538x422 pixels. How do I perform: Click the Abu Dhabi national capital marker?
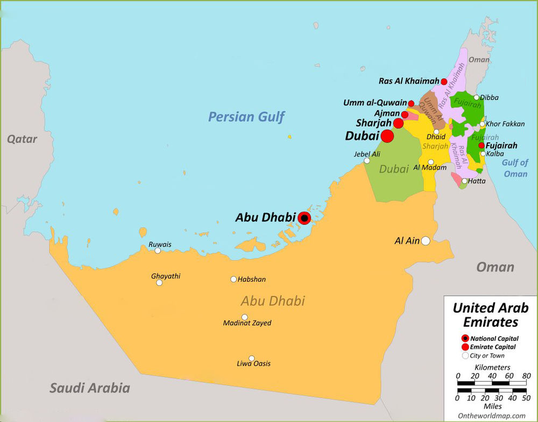(x=304, y=218)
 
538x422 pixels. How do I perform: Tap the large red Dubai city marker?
(x=387, y=137)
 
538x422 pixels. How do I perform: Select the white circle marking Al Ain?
(x=426, y=241)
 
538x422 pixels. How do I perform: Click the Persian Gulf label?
(x=246, y=117)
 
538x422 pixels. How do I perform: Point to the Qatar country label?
(x=22, y=139)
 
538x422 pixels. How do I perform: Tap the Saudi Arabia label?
(x=90, y=388)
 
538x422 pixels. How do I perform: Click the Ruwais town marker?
(x=158, y=251)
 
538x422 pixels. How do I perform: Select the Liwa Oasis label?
(x=253, y=364)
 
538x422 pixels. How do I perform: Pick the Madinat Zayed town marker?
(x=245, y=317)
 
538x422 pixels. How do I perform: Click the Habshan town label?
(x=252, y=280)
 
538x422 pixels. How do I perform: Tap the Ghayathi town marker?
(x=159, y=283)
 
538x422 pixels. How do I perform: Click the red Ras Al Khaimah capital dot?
(x=444, y=82)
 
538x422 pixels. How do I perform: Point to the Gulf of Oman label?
(x=515, y=168)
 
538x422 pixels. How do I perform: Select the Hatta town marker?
(x=464, y=181)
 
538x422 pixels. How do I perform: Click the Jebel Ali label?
(x=367, y=154)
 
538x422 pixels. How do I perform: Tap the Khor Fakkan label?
(x=505, y=124)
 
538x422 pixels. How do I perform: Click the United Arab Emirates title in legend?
(x=490, y=315)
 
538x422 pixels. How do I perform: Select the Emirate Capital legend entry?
(x=492, y=347)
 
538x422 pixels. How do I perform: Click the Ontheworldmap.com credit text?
(x=492, y=416)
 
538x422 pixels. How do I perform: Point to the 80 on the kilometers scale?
(x=526, y=375)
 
